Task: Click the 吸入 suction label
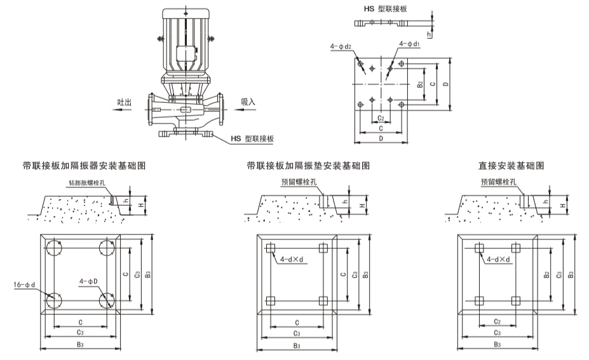[x=248, y=101]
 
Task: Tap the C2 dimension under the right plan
[x=497, y=322]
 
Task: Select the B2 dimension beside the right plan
[x=546, y=274]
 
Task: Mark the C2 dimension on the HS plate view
[x=380, y=118]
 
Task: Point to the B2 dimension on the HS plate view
[x=420, y=83]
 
